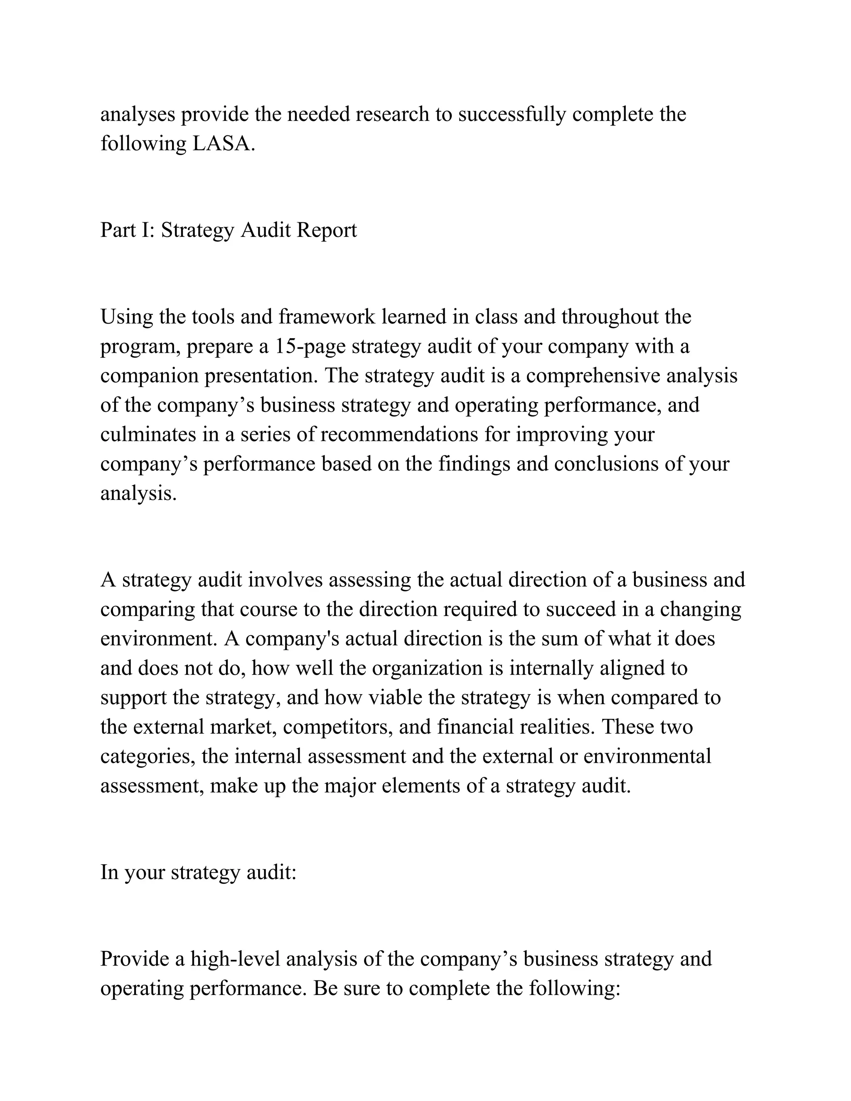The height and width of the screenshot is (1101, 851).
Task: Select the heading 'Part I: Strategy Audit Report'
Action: pyautogui.click(x=229, y=231)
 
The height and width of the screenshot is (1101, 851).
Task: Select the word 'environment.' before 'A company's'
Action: pyautogui.click(x=159, y=639)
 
